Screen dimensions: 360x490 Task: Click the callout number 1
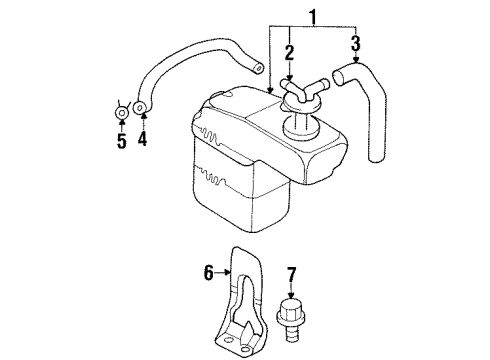click(317, 18)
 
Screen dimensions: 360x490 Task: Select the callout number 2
click(288, 53)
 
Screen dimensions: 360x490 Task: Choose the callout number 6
click(209, 271)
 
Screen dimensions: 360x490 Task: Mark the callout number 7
click(292, 273)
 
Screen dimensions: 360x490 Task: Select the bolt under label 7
click(292, 318)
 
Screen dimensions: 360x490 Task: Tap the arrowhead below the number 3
click(355, 62)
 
